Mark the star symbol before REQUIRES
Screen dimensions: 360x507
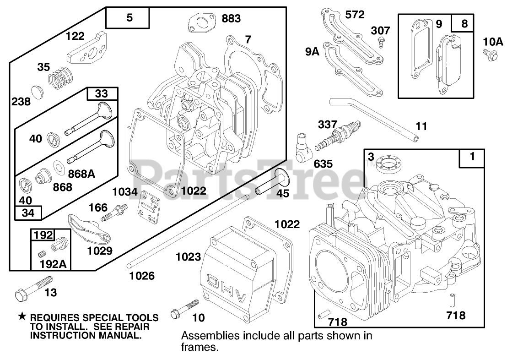pos(22,317)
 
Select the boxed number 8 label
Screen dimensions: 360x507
pos(464,23)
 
